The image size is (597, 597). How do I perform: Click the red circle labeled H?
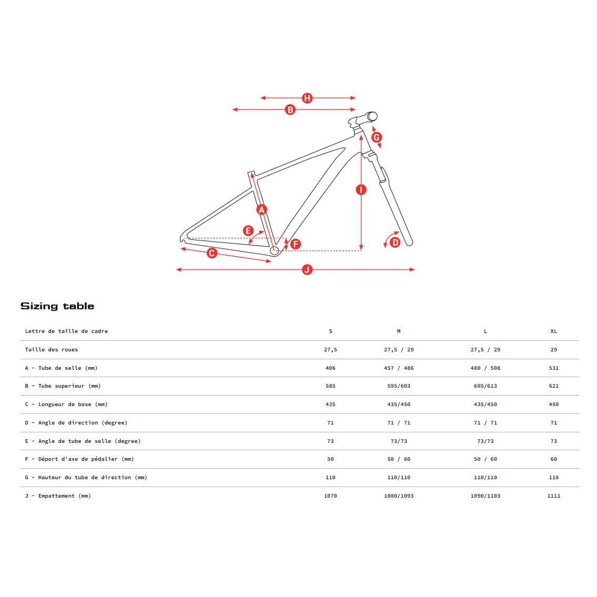(307, 98)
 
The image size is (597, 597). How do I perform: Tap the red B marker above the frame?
(290, 110)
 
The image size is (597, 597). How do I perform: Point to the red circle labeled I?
(361, 189)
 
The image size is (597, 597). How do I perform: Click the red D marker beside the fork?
(395, 242)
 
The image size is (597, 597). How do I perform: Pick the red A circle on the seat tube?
(261, 210)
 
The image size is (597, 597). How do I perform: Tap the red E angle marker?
(248, 230)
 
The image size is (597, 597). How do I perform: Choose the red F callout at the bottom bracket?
(295, 244)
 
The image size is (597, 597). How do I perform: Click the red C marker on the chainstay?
(212, 253)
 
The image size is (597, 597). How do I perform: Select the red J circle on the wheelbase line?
(307, 270)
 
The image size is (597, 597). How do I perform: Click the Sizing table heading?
(57, 306)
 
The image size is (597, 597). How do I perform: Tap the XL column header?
(553, 331)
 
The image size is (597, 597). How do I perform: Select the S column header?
(330, 331)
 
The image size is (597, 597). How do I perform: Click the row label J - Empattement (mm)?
(58, 496)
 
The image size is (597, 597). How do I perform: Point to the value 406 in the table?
(330, 368)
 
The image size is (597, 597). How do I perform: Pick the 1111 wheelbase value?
(553, 496)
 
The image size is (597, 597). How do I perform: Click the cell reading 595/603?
(399, 386)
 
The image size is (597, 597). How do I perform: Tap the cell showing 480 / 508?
(485, 368)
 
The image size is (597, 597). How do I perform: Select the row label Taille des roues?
(52, 350)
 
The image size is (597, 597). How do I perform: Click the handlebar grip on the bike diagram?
(372, 116)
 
